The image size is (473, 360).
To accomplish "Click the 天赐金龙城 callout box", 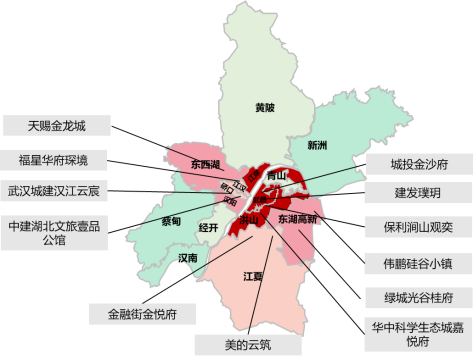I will [56, 126].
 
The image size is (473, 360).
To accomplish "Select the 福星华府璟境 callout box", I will [56, 159].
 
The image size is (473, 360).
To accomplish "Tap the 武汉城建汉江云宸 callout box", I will [56, 190].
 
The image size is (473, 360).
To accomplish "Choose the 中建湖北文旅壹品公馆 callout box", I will [56, 233].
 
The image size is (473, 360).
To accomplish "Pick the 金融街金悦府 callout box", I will [142, 314].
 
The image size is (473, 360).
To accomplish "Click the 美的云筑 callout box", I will [247, 344].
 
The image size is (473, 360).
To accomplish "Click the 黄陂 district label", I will [264, 106].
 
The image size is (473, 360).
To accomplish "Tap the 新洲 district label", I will [318, 145].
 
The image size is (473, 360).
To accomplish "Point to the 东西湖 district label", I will [204, 163].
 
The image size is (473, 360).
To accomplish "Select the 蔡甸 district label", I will [171, 221].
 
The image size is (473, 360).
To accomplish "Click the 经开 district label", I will [208, 227].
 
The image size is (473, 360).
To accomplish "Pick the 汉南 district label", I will [188, 258].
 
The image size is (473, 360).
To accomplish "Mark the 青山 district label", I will [277, 176].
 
